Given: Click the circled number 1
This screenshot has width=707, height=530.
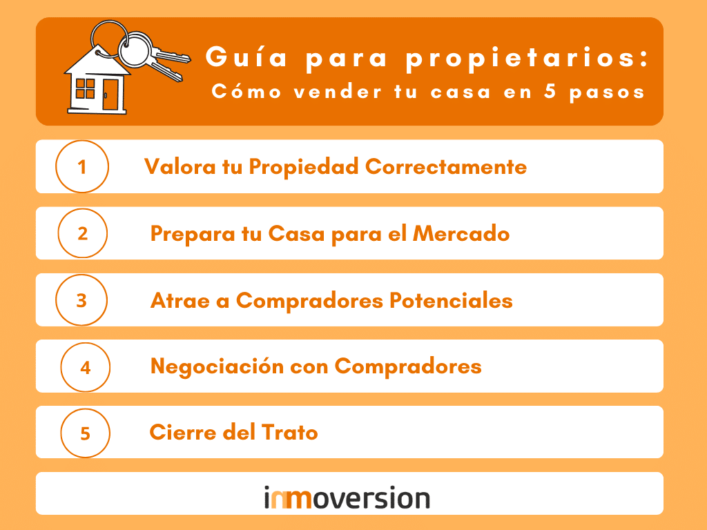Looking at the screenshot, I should click(81, 166).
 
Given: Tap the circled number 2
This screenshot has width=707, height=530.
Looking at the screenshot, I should click(82, 233).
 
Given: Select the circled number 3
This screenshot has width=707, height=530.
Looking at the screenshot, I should click(81, 300).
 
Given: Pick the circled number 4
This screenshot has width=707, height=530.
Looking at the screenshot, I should click(86, 367).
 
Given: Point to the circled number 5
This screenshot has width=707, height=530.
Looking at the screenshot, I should click(85, 433).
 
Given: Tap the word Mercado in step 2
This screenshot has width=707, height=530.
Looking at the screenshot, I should click(461, 234).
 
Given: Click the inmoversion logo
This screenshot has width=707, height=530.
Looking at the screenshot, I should click(347, 498).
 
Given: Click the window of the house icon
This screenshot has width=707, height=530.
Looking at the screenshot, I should click(86, 88).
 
